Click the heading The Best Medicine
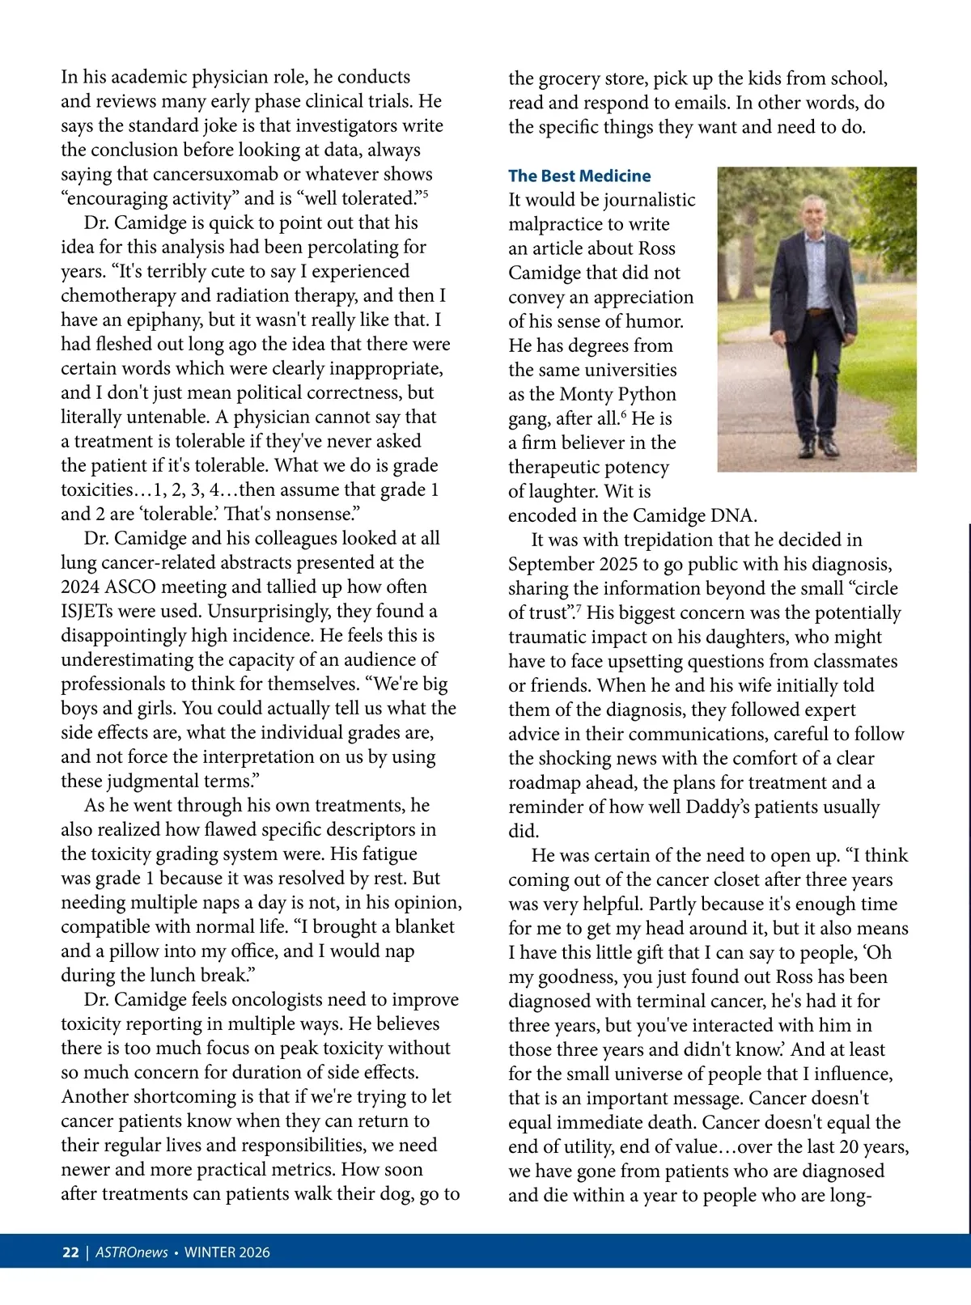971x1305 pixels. coord(579,176)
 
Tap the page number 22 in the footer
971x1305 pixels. coord(70,1252)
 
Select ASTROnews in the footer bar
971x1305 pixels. coord(132,1252)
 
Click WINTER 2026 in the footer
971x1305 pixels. coord(227,1252)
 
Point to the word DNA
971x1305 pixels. coord(736,515)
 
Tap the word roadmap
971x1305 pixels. coord(545,782)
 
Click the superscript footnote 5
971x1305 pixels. coord(426,193)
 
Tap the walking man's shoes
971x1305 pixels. coord(817,447)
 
